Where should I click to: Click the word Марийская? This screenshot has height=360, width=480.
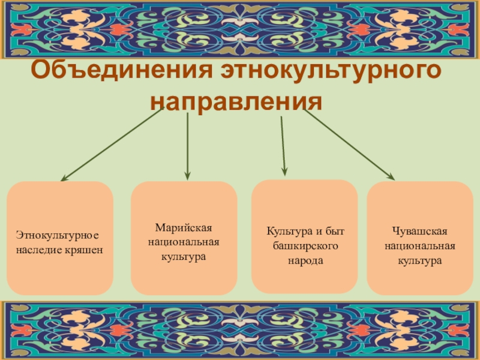184,229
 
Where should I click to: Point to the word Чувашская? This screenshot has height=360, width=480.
420,232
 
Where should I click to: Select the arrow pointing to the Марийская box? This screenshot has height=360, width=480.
188,147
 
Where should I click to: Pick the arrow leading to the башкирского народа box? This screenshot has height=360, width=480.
283,147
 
